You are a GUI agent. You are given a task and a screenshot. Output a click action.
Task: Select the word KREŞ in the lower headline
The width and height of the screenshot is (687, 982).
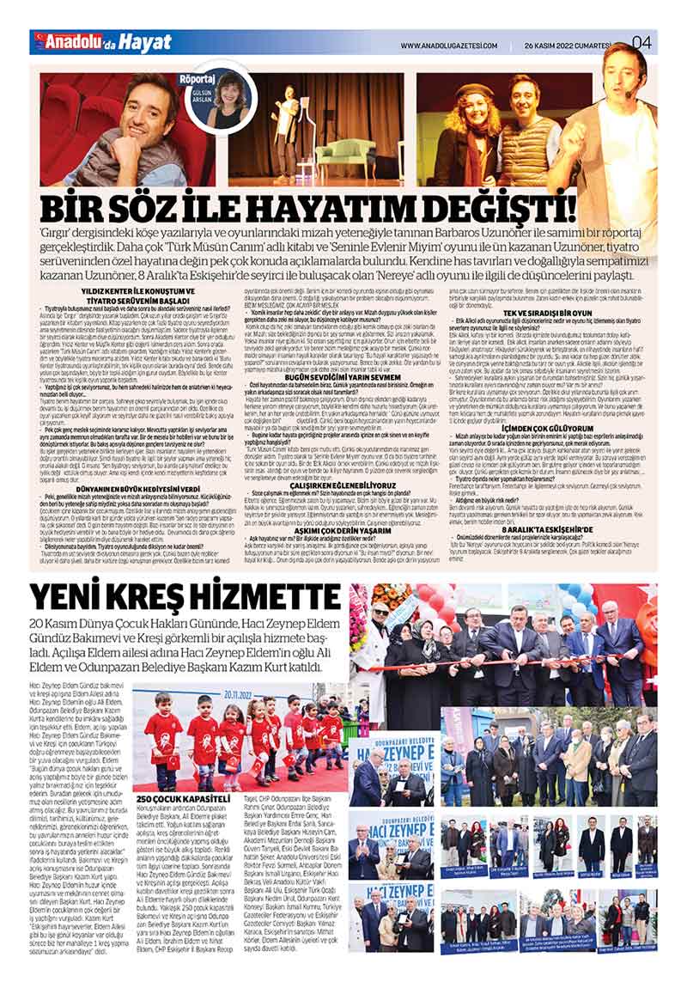click(x=163, y=597)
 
